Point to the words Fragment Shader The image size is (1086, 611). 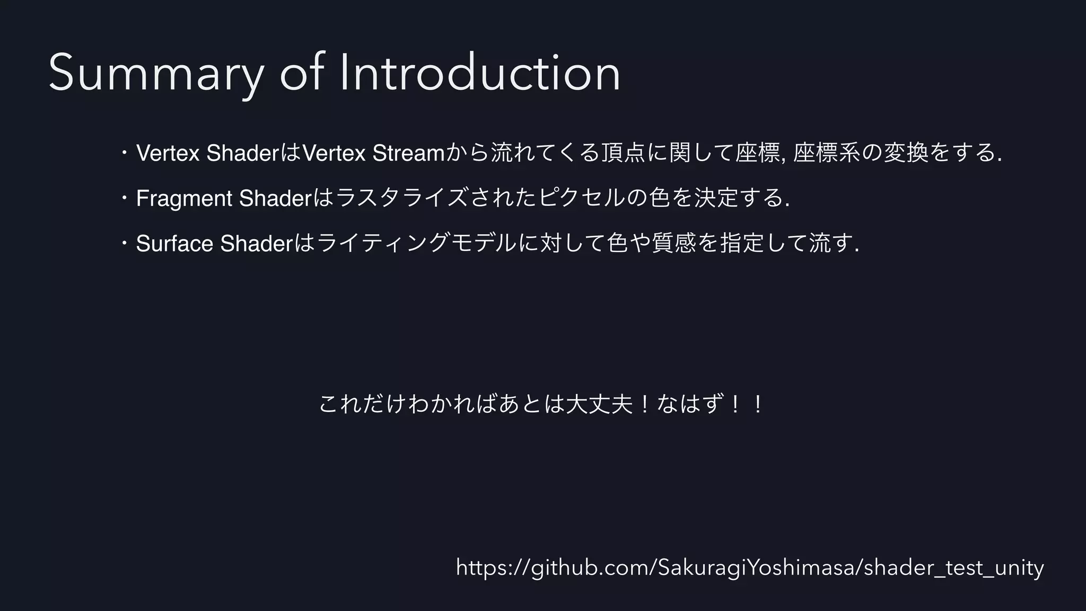[x=223, y=198]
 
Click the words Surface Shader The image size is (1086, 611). [x=214, y=243]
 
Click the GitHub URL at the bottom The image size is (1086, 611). [x=750, y=568]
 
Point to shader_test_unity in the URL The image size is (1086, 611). [x=954, y=568]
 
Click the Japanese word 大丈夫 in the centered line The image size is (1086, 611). [x=599, y=405]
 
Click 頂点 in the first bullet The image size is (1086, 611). [x=624, y=153]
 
